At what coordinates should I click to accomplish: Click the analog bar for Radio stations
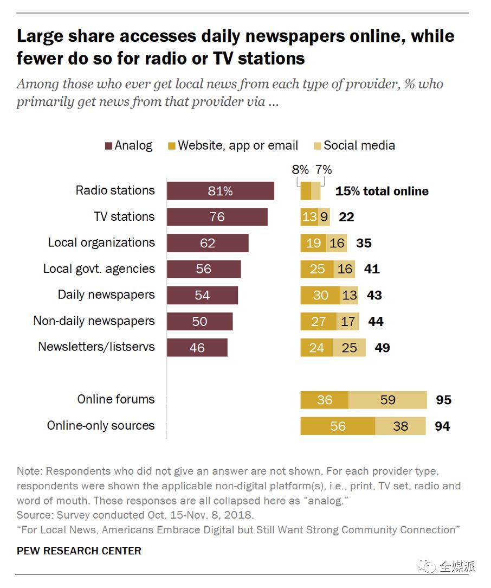pos(220,191)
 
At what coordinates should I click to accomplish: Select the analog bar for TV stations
pos(217,217)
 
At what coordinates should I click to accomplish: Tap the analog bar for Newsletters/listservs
pos(197,348)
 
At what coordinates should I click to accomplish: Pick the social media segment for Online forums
pos(387,400)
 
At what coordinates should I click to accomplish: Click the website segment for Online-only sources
pos(338,426)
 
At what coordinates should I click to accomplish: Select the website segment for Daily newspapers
pos(320,295)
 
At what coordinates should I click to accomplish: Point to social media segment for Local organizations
pos(337,243)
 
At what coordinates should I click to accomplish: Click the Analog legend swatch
pos(108,146)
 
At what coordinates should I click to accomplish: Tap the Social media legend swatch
pos(318,146)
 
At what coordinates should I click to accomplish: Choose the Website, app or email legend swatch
pos(172,146)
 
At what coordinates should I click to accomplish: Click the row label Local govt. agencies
pos(99,269)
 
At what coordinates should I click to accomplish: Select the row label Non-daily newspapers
pos(94,321)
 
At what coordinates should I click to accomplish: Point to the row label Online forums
pos(116,400)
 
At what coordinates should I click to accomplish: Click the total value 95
pos(443,400)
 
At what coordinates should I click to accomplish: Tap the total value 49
pos(382,348)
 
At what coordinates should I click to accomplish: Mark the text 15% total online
pos(382,191)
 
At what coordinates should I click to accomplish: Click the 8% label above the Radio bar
pos(300,170)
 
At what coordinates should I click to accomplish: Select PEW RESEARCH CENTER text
pos(79,551)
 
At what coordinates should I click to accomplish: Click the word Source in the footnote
pos(34,514)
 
